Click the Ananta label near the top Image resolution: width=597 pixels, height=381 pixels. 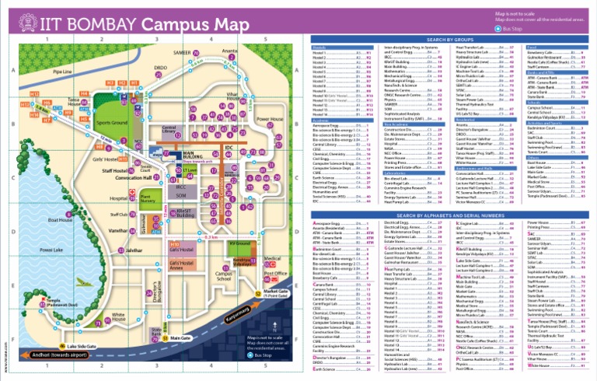click(x=229, y=51)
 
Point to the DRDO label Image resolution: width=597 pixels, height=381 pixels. click(x=161, y=68)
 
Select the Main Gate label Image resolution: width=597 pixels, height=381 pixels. click(x=180, y=338)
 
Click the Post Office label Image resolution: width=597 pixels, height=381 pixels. click(x=275, y=274)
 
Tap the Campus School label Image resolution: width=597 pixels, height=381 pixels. click(x=224, y=276)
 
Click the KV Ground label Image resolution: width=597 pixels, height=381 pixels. click(x=239, y=243)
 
